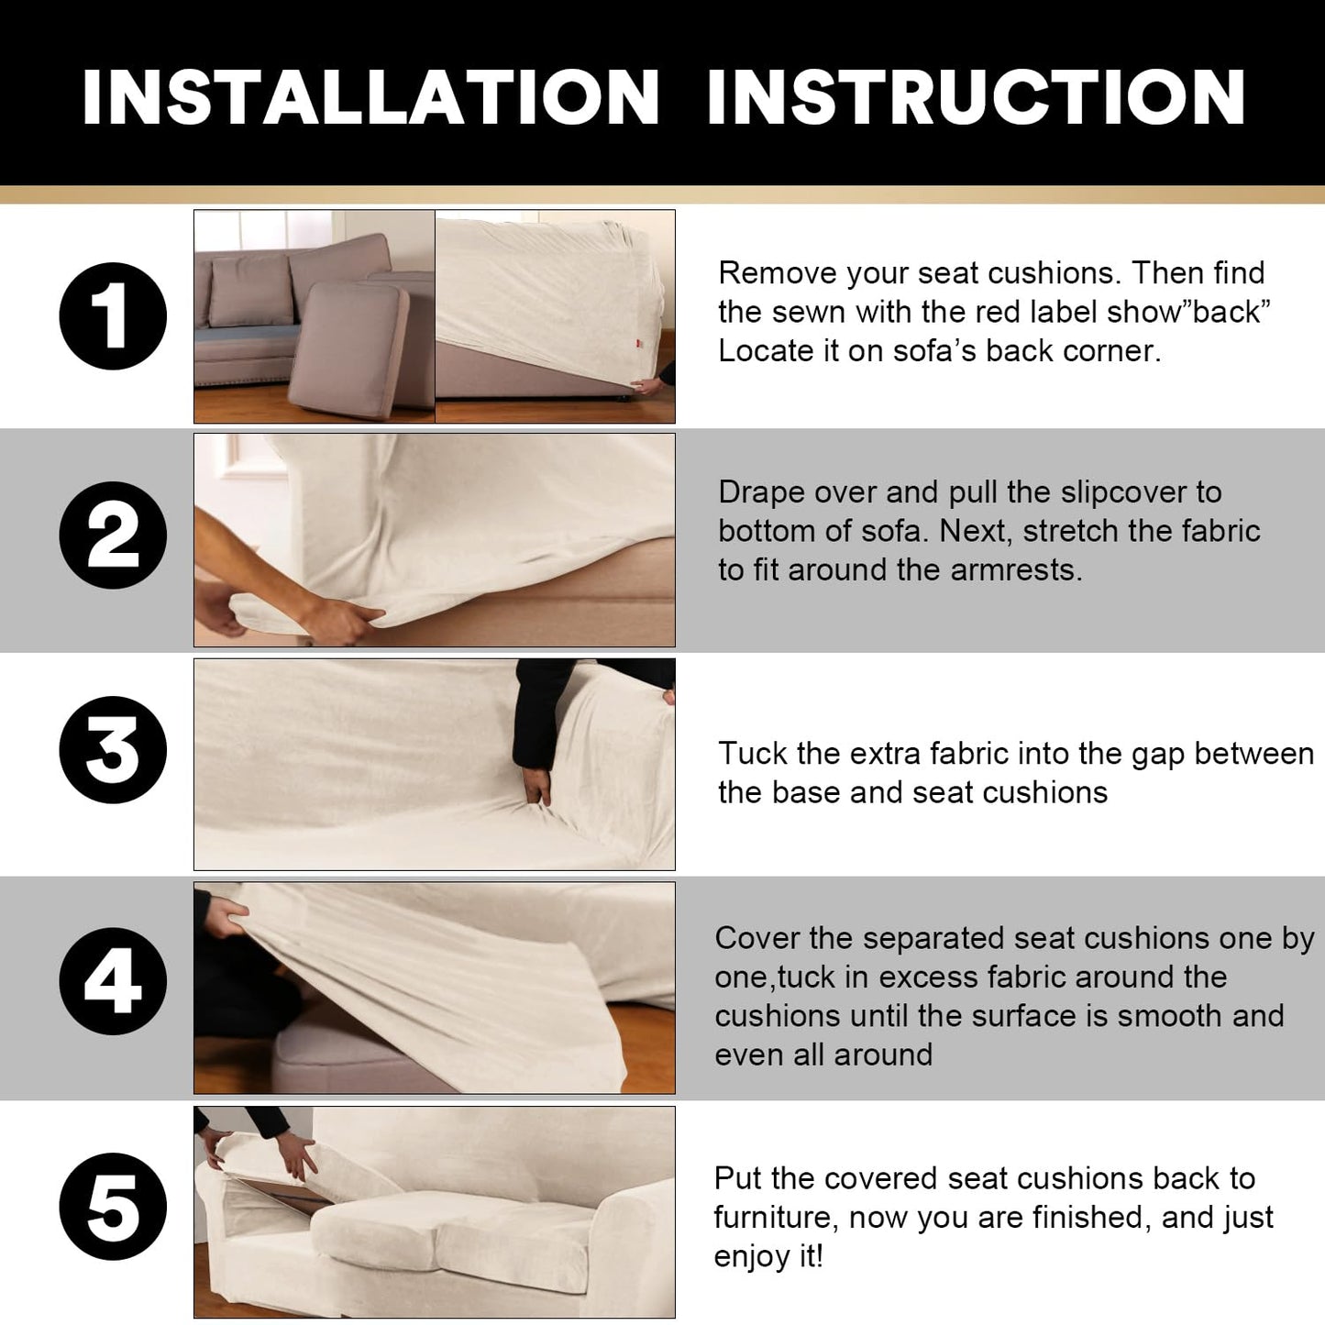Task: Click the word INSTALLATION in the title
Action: click(x=371, y=96)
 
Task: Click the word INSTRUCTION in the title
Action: click(x=977, y=96)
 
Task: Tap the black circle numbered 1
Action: click(x=113, y=316)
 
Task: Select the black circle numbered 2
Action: click(x=113, y=535)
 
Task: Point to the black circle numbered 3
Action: click(x=113, y=749)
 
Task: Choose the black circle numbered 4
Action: click(x=113, y=981)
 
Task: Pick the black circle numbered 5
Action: click(x=113, y=1207)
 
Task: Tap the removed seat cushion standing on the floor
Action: click(x=348, y=349)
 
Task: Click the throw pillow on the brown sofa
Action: click(x=251, y=290)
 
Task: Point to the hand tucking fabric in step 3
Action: click(x=536, y=785)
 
